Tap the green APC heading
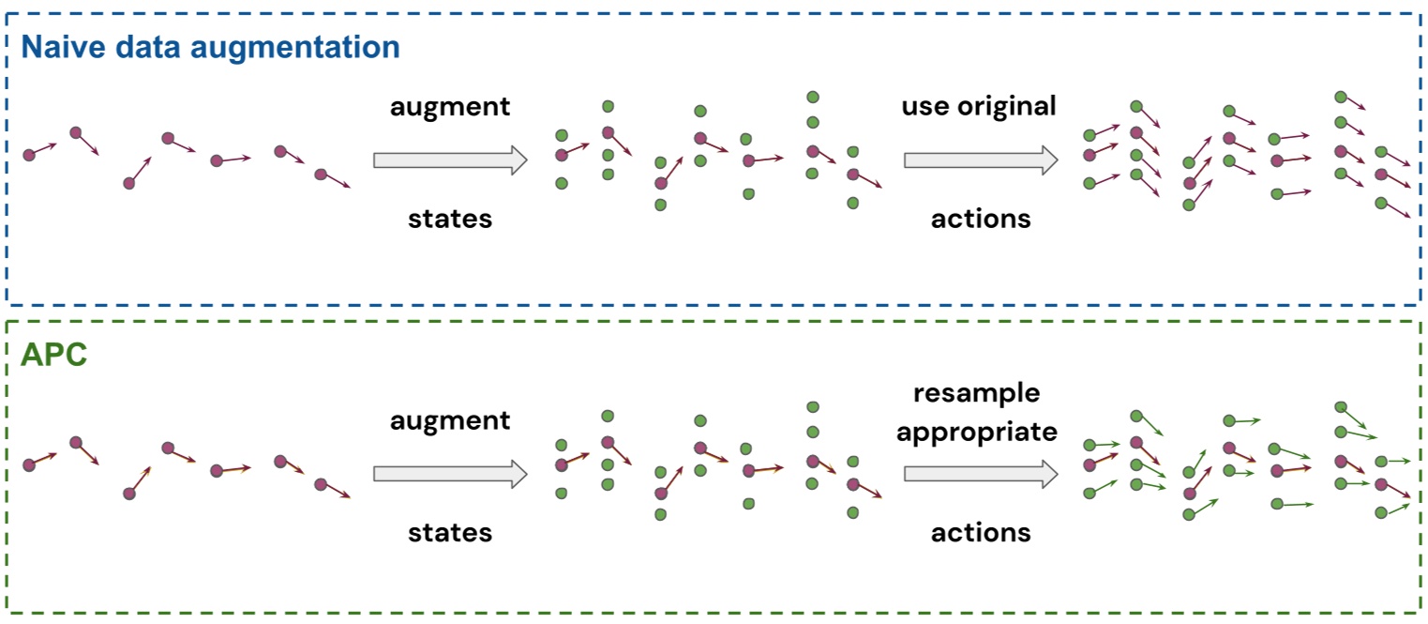pyautogui.click(x=53, y=356)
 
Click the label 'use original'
pyautogui.click(x=979, y=106)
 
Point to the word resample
pyautogui.click(x=976, y=391)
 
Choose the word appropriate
pyautogui.click(x=976, y=432)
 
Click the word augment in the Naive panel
pyautogui.click(x=450, y=106)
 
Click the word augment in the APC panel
pyautogui.click(x=450, y=419)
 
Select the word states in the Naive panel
pyautogui.click(x=450, y=219)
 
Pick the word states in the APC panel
pyautogui.click(x=450, y=533)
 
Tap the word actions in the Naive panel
pyautogui.click(x=981, y=219)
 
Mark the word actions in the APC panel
pyautogui.click(x=981, y=533)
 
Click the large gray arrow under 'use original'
pyautogui.click(x=980, y=160)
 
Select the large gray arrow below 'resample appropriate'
pyautogui.click(x=980, y=474)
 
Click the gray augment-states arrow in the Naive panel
pyautogui.click(x=450, y=160)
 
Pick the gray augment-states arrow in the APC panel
pyautogui.click(x=450, y=474)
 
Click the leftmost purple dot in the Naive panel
pyautogui.click(x=29, y=155)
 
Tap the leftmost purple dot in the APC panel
pyautogui.click(x=29, y=464)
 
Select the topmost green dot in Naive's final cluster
pyautogui.click(x=1341, y=97)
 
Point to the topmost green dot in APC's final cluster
pyautogui.click(x=1341, y=406)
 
